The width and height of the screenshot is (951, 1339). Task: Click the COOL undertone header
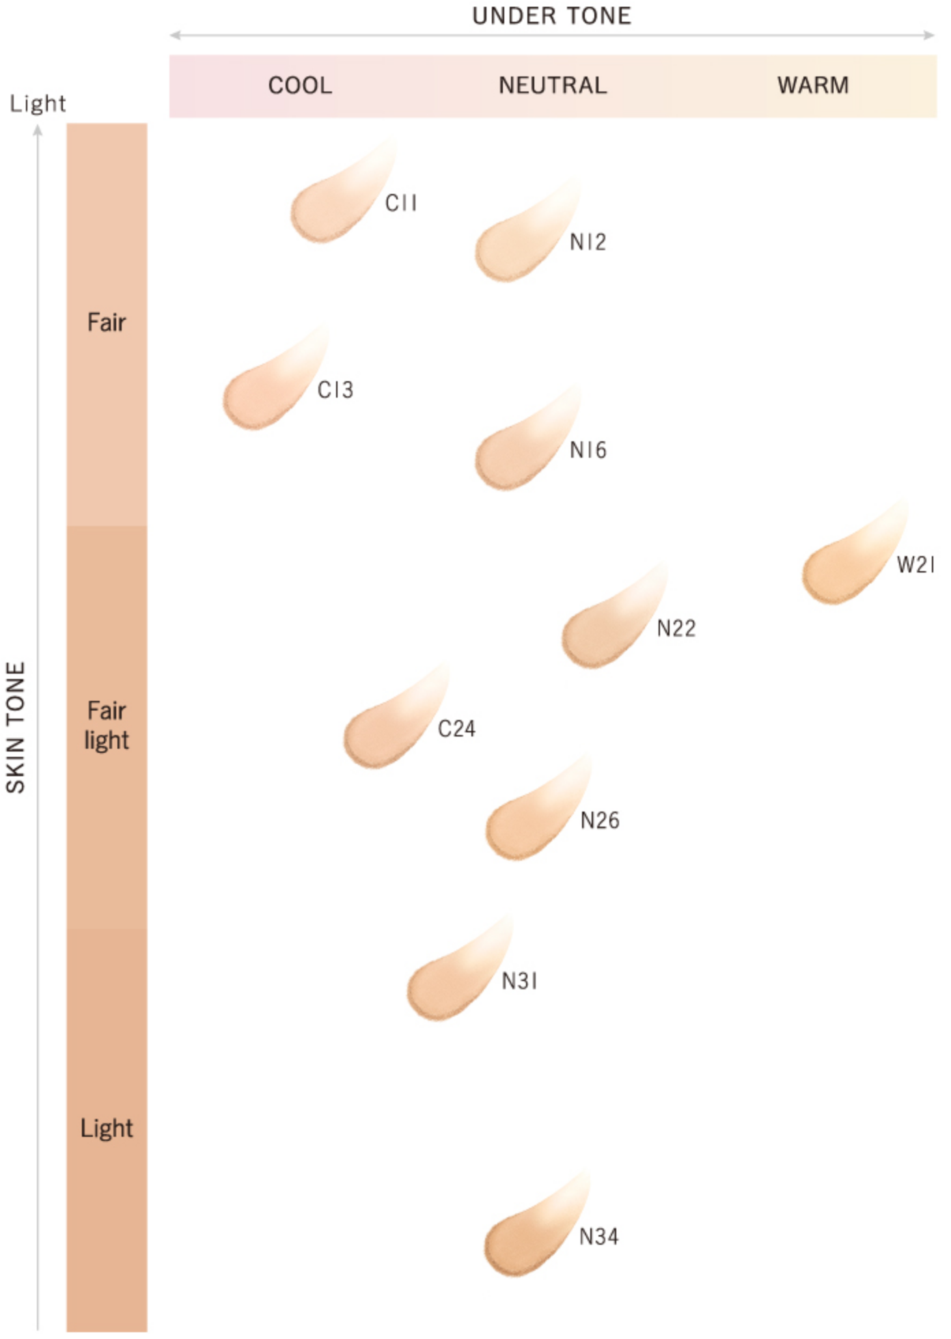[x=300, y=86]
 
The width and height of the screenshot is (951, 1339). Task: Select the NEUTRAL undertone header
[x=553, y=86]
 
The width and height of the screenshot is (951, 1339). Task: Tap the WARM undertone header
[x=813, y=86]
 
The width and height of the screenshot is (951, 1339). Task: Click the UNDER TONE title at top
[x=551, y=16]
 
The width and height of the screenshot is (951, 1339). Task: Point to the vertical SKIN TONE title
[x=16, y=727]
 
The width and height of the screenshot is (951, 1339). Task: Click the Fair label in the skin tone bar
[x=107, y=322]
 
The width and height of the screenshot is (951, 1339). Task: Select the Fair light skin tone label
[x=107, y=726]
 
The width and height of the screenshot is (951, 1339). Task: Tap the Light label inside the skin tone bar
[x=107, y=1128]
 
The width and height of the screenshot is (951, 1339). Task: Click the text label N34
[x=598, y=1237]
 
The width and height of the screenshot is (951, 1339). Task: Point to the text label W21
[x=915, y=565]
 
